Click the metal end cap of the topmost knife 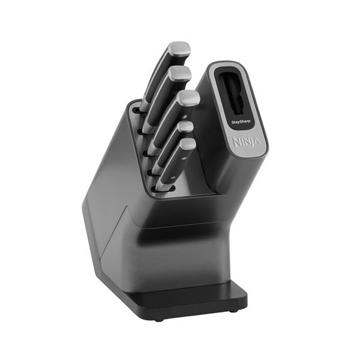click(x=178, y=48)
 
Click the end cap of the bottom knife click(x=188, y=144)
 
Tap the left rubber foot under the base click(x=158, y=319)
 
